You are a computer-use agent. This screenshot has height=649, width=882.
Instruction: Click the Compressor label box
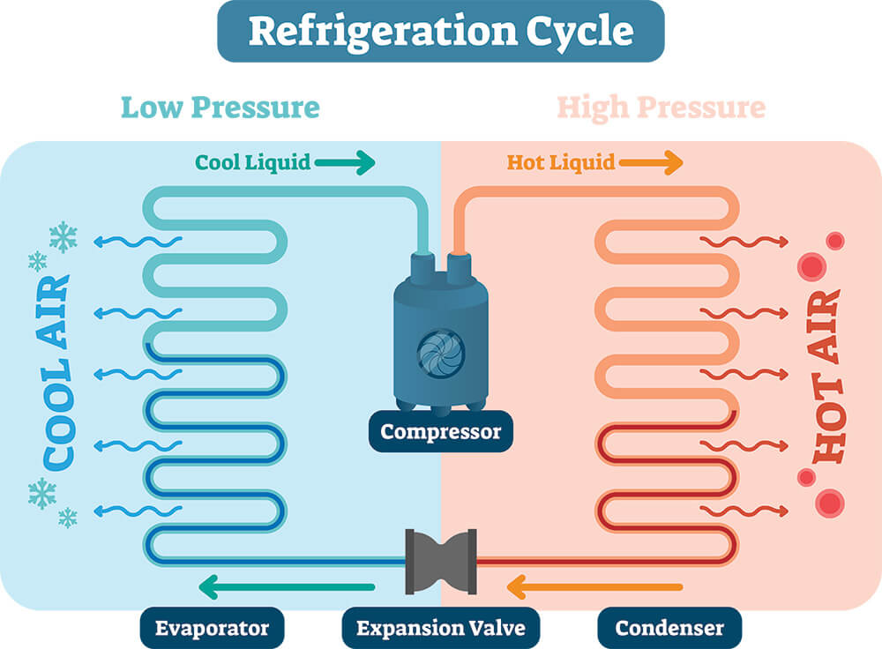click(440, 431)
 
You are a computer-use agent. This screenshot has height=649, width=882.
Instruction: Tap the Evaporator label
click(212, 628)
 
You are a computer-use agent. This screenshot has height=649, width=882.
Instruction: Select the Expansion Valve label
click(441, 628)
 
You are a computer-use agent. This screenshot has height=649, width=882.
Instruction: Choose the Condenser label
click(669, 628)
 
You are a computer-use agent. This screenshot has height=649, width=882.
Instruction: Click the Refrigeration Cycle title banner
click(441, 31)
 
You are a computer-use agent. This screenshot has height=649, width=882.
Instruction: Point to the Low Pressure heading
click(220, 108)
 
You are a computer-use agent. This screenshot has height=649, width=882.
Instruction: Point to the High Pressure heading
click(661, 108)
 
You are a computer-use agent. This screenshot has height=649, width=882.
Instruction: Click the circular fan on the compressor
click(441, 354)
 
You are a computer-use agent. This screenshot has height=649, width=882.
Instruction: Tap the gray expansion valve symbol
click(441, 562)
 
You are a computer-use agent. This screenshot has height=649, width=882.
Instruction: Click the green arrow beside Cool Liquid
click(345, 163)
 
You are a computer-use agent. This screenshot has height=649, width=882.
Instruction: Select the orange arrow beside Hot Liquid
click(652, 163)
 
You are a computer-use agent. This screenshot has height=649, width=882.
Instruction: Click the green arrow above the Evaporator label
click(287, 587)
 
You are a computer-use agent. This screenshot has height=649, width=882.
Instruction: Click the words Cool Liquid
click(252, 162)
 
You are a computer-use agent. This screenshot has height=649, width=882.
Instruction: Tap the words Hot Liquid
click(561, 162)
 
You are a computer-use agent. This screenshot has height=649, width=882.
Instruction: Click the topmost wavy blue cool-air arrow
click(138, 242)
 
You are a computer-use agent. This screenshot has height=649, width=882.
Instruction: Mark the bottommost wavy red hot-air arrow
click(744, 511)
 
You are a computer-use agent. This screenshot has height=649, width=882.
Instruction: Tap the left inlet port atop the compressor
click(422, 265)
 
